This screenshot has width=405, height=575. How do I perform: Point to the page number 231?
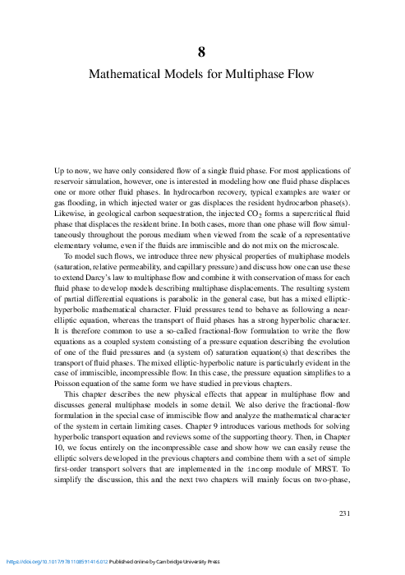345,515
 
